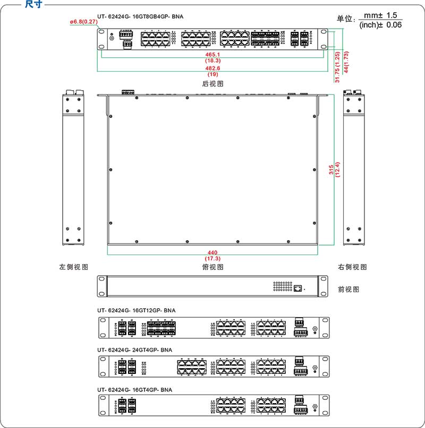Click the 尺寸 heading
click(34, 5)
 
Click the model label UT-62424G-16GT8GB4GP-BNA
click(140, 16)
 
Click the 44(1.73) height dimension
click(346, 62)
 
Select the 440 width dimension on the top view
click(212, 253)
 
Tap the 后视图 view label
click(212, 84)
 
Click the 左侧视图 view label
click(73, 267)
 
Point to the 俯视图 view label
click(212, 267)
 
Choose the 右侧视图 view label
click(352, 267)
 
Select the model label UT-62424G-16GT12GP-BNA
click(136, 310)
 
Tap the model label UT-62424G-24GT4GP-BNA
click(134, 350)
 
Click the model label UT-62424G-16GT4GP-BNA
click(134, 390)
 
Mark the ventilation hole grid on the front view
click(283, 286)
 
